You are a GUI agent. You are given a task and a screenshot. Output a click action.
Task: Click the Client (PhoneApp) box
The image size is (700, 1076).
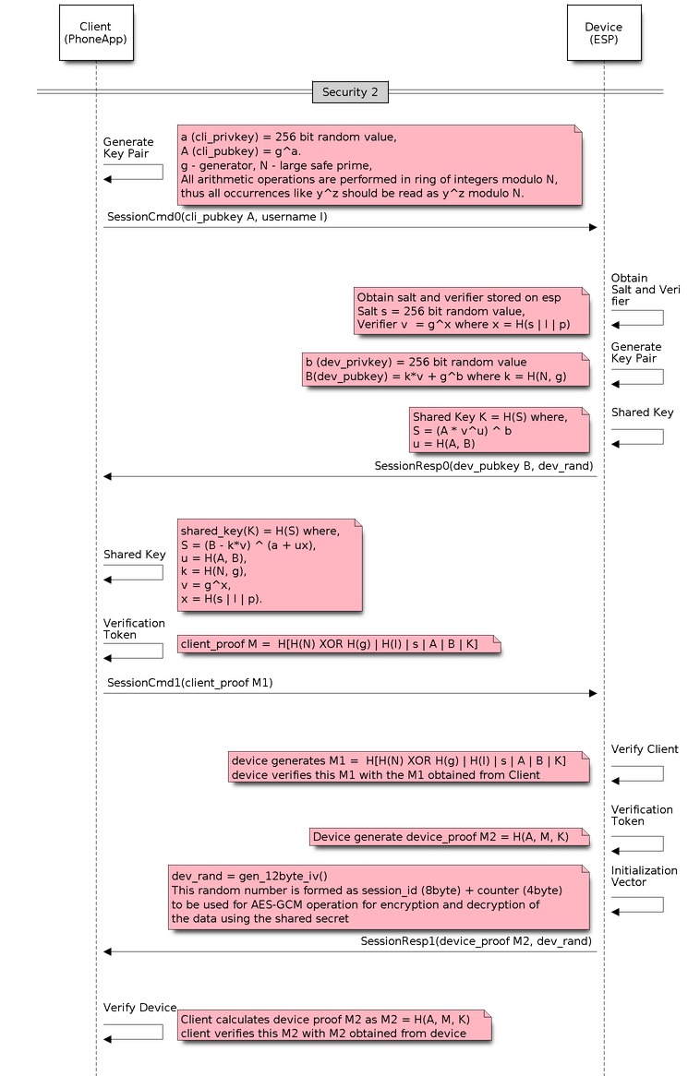click(95, 33)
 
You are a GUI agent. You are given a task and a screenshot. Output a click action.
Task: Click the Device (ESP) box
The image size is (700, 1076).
click(603, 33)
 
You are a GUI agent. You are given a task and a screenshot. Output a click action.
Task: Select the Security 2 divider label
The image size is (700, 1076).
click(349, 92)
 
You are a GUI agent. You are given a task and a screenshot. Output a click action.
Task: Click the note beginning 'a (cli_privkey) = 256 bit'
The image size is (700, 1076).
click(380, 164)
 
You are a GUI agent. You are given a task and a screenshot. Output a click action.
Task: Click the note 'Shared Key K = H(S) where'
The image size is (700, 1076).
click(499, 429)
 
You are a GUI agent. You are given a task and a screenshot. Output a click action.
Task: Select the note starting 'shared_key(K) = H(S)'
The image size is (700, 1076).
click(270, 565)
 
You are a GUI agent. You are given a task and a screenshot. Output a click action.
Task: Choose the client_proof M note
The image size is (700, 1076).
click(338, 643)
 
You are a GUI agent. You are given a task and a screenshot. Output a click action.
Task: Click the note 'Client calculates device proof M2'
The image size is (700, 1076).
click(333, 1026)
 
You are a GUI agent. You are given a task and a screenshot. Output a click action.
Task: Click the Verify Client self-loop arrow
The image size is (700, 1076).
click(637, 773)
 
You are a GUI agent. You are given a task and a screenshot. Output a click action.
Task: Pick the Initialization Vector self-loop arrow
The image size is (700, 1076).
click(637, 904)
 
